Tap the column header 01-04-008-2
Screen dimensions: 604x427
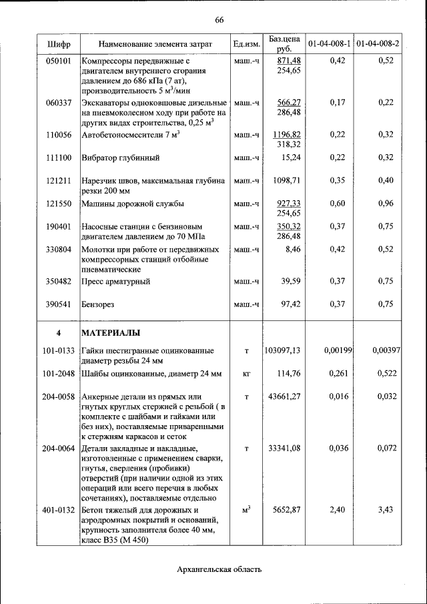378,44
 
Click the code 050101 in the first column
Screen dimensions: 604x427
59,61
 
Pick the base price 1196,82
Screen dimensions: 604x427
288,135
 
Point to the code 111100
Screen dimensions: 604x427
59,158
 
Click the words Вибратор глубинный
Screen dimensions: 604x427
121,158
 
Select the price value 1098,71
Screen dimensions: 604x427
288,181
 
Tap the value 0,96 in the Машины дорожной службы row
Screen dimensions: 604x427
385,204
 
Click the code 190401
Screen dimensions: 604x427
59,226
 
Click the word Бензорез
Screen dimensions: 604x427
99,304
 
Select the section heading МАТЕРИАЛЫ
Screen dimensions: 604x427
110,332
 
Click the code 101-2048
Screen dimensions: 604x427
59,374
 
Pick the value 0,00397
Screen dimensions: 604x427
385,350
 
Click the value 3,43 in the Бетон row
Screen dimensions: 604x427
385,510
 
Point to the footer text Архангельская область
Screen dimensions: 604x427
220,569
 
